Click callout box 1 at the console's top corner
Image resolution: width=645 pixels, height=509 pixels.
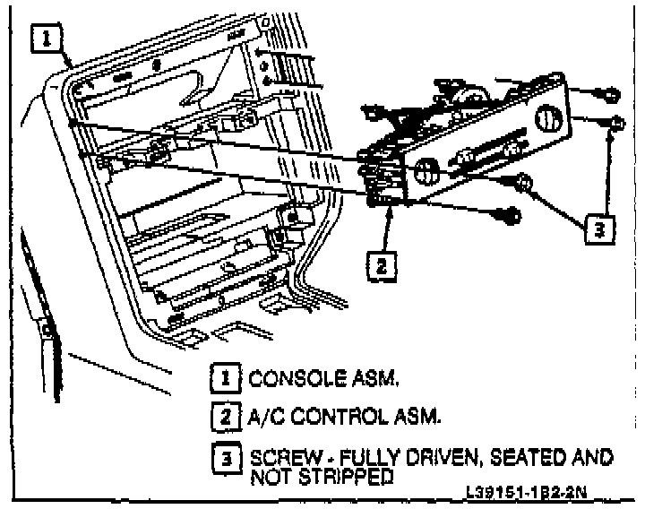pos(47,39)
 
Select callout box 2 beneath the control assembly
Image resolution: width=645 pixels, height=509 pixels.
pos(383,264)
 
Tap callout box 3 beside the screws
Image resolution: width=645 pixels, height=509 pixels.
pos(599,229)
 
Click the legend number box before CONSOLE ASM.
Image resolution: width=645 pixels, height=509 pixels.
pos(225,379)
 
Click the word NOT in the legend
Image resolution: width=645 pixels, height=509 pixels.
pos(268,477)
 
